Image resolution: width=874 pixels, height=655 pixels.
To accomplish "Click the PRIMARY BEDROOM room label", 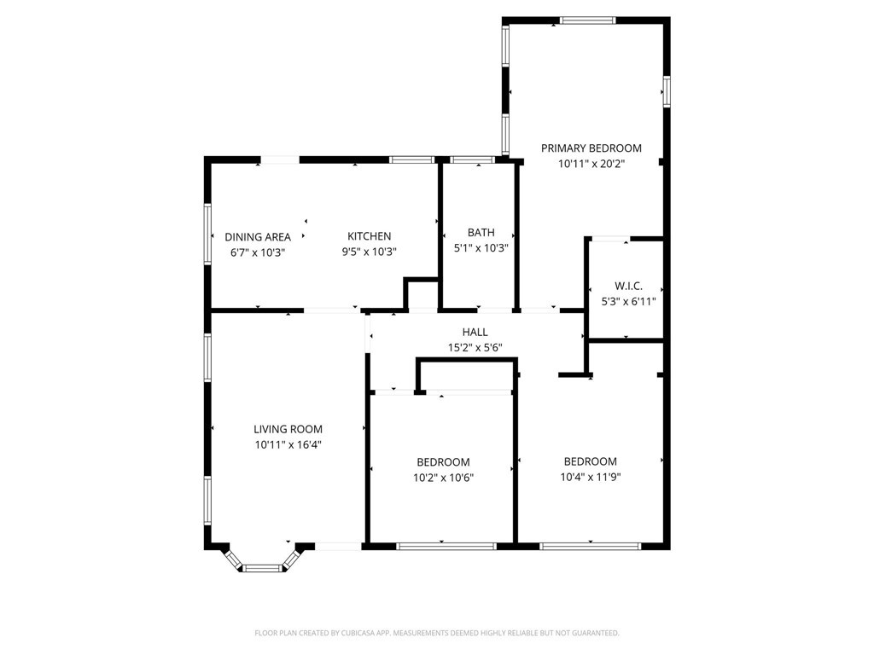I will [591, 148].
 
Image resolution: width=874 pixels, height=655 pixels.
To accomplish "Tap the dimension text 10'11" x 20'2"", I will [591, 164].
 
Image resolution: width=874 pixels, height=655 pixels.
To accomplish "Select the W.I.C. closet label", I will [628, 286].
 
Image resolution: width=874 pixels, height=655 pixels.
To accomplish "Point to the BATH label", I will [481, 233].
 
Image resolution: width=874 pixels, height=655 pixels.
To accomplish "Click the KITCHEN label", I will [369, 236].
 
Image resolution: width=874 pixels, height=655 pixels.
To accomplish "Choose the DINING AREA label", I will [258, 237].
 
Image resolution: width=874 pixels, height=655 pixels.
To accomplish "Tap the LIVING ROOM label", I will [288, 429].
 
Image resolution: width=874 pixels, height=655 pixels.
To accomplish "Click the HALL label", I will [475, 332].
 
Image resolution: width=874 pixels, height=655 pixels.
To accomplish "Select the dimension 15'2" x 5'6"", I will [475, 347].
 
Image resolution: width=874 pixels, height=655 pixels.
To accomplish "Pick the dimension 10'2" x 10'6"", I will [443, 478].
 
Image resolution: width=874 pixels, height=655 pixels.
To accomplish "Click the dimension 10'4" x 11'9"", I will [590, 477].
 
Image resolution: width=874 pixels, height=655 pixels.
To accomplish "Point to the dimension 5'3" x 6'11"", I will [628, 301].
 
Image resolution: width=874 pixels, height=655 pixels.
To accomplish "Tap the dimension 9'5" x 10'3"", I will [369, 252].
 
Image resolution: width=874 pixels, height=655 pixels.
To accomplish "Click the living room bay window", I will [262, 565].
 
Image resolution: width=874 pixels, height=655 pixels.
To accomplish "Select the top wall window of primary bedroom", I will [587, 20].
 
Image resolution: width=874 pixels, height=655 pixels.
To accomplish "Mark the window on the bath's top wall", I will [472, 159].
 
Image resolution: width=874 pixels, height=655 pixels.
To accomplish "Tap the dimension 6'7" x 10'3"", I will [258, 252].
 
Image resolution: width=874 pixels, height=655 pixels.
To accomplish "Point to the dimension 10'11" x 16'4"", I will [288, 444].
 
